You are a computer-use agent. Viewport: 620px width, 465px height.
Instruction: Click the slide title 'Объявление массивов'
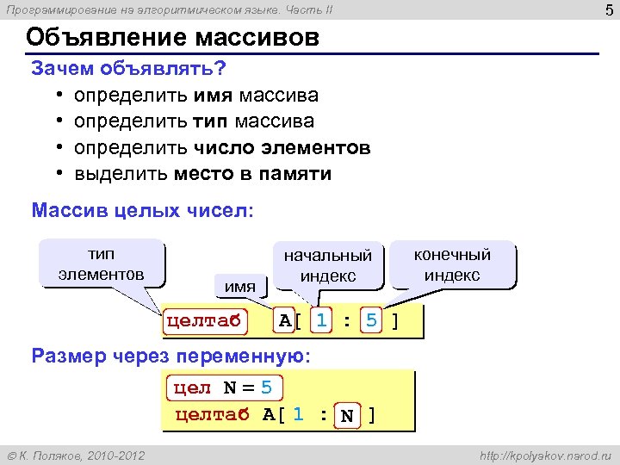(172, 38)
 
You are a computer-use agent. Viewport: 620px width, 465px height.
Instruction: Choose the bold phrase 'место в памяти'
(252, 174)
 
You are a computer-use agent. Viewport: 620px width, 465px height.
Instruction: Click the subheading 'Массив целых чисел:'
(142, 211)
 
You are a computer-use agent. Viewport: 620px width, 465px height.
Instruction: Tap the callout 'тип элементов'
(102, 263)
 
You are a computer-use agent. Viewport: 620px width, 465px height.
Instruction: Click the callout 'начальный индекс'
(328, 265)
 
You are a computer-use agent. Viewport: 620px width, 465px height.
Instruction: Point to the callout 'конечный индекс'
(452, 264)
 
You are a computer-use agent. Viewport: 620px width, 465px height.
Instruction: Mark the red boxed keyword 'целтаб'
(203, 322)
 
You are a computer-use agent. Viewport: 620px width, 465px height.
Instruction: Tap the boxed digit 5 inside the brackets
(371, 321)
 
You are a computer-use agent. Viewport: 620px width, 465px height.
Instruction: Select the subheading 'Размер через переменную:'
(170, 356)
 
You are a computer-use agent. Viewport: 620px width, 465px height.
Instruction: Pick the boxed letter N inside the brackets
(347, 417)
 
